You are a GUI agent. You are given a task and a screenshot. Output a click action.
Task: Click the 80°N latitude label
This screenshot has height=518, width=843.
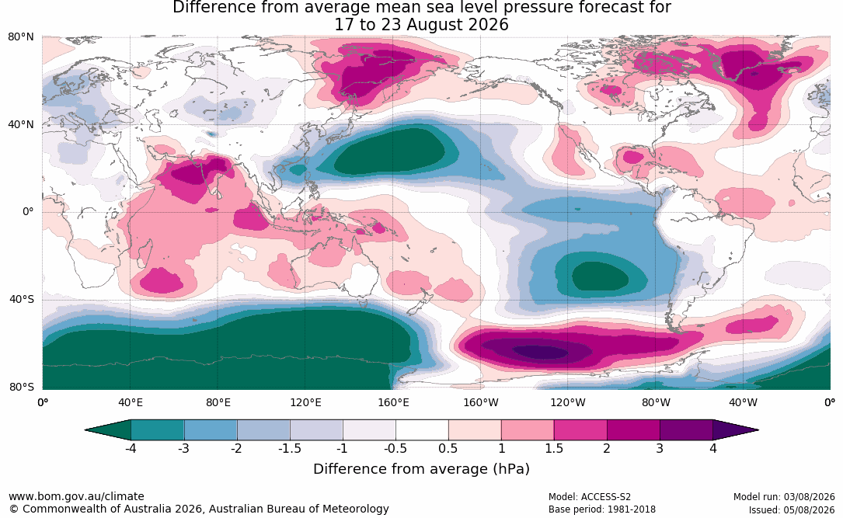(x=21, y=37)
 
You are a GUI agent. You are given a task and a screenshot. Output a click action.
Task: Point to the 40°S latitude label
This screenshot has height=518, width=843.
(x=22, y=299)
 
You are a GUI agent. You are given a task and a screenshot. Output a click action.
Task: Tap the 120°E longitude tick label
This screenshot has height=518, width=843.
(x=305, y=402)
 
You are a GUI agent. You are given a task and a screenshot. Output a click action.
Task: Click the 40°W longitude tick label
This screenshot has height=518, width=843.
(x=743, y=402)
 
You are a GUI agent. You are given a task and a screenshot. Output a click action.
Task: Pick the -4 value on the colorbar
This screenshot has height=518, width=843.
(x=130, y=448)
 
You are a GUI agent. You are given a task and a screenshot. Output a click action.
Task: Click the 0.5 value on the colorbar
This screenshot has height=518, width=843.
(x=448, y=448)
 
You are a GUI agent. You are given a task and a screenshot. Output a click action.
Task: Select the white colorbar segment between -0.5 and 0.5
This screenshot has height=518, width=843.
(x=422, y=430)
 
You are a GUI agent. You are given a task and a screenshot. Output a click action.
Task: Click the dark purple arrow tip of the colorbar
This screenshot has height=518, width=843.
(x=736, y=430)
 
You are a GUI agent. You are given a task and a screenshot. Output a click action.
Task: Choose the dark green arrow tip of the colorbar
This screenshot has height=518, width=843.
(x=107, y=430)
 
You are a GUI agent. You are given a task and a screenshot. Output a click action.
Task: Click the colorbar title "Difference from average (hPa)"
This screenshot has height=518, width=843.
(x=421, y=468)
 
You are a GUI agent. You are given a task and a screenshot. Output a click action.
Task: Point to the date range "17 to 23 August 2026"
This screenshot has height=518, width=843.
(x=421, y=25)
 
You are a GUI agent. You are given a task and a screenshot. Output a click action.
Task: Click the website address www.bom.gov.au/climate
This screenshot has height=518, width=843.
(x=76, y=496)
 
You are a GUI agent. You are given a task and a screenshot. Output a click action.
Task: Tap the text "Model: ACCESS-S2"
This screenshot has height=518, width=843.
(x=589, y=497)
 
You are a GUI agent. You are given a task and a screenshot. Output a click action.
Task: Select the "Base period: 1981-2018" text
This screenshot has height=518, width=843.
(x=601, y=509)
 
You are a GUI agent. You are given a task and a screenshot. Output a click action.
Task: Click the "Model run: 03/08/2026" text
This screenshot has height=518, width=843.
(x=784, y=497)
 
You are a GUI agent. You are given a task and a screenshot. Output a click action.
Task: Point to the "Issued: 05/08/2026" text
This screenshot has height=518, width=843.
(x=792, y=509)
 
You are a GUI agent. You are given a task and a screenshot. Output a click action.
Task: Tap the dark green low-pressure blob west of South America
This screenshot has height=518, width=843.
(x=600, y=277)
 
